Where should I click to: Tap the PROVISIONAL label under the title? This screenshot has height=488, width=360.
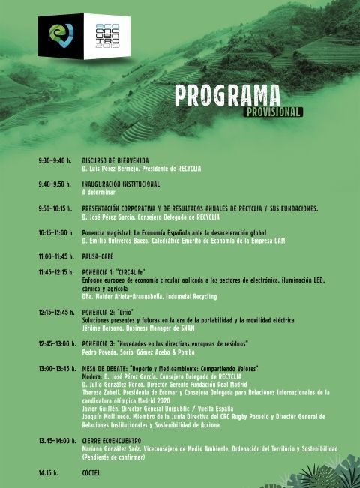[x=273, y=112]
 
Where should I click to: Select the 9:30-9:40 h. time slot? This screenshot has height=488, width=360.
[x=54, y=160]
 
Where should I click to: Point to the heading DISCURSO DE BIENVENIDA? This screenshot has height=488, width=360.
[x=115, y=160]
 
